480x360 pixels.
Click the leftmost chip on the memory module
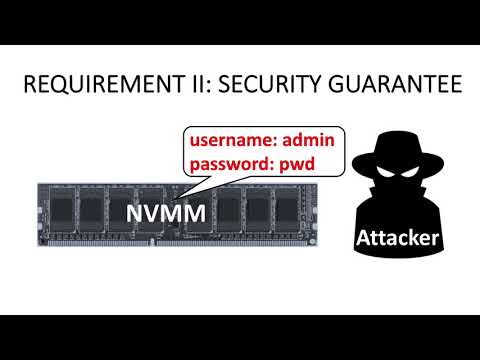tap(57, 213)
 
